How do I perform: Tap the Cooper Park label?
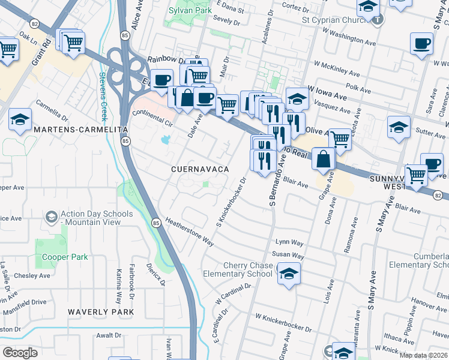(65, 257)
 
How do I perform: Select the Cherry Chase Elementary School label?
(247, 270)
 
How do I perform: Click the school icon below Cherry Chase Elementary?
(289, 275)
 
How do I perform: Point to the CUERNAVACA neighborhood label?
(200, 170)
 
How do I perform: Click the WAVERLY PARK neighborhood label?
(100, 312)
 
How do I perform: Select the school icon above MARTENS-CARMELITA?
(20, 119)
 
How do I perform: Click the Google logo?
(20, 352)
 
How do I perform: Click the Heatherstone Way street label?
(190, 232)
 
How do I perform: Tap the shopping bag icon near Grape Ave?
(324, 159)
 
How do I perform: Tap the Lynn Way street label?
(289, 241)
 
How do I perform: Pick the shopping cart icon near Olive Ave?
(340, 139)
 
